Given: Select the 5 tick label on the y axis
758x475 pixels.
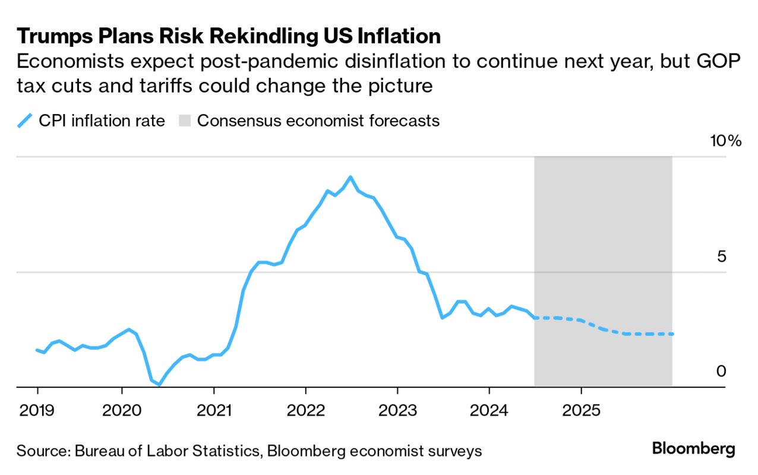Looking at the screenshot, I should click(x=721, y=257).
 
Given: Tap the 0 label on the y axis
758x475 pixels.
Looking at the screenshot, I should click(x=721, y=372).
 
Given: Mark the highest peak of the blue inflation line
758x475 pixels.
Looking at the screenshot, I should click(x=350, y=177).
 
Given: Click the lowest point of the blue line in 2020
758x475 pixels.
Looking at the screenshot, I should click(x=159, y=385).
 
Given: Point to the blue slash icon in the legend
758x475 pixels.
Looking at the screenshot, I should click(x=24, y=121).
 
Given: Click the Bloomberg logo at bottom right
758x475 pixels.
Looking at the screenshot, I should click(x=693, y=449).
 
